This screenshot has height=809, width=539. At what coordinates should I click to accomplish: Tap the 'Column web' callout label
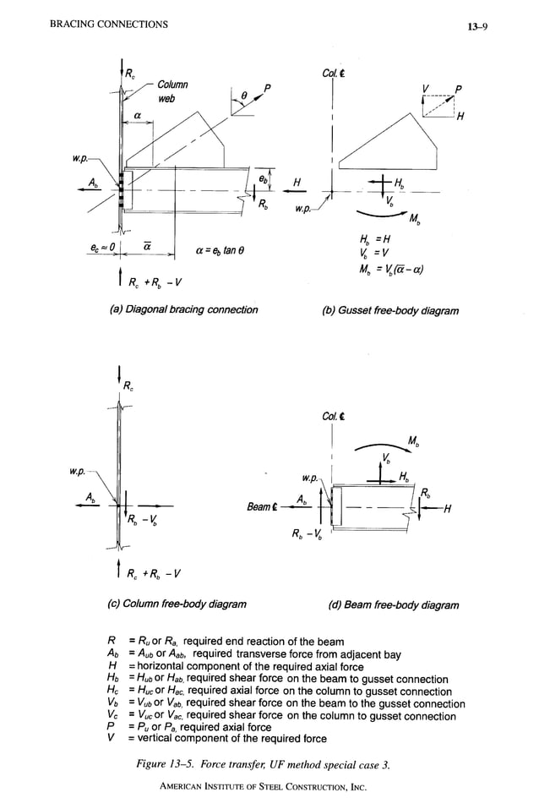click(171, 92)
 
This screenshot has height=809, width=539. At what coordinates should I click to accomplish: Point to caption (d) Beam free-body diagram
click(394, 604)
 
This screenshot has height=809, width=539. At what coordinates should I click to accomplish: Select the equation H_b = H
click(379, 241)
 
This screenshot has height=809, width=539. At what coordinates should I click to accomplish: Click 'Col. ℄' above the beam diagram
click(332, 416)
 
